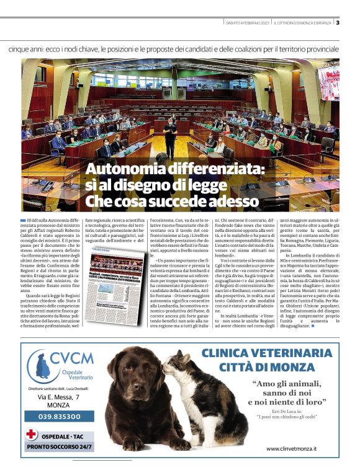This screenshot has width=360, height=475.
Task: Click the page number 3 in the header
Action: point(338,23)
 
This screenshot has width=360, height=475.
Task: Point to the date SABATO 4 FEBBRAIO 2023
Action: point(246,24)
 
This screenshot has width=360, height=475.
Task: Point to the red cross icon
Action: point(32,433)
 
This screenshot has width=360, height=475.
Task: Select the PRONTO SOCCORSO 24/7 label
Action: point(59,446)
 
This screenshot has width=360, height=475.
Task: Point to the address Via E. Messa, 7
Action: point(59,396)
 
